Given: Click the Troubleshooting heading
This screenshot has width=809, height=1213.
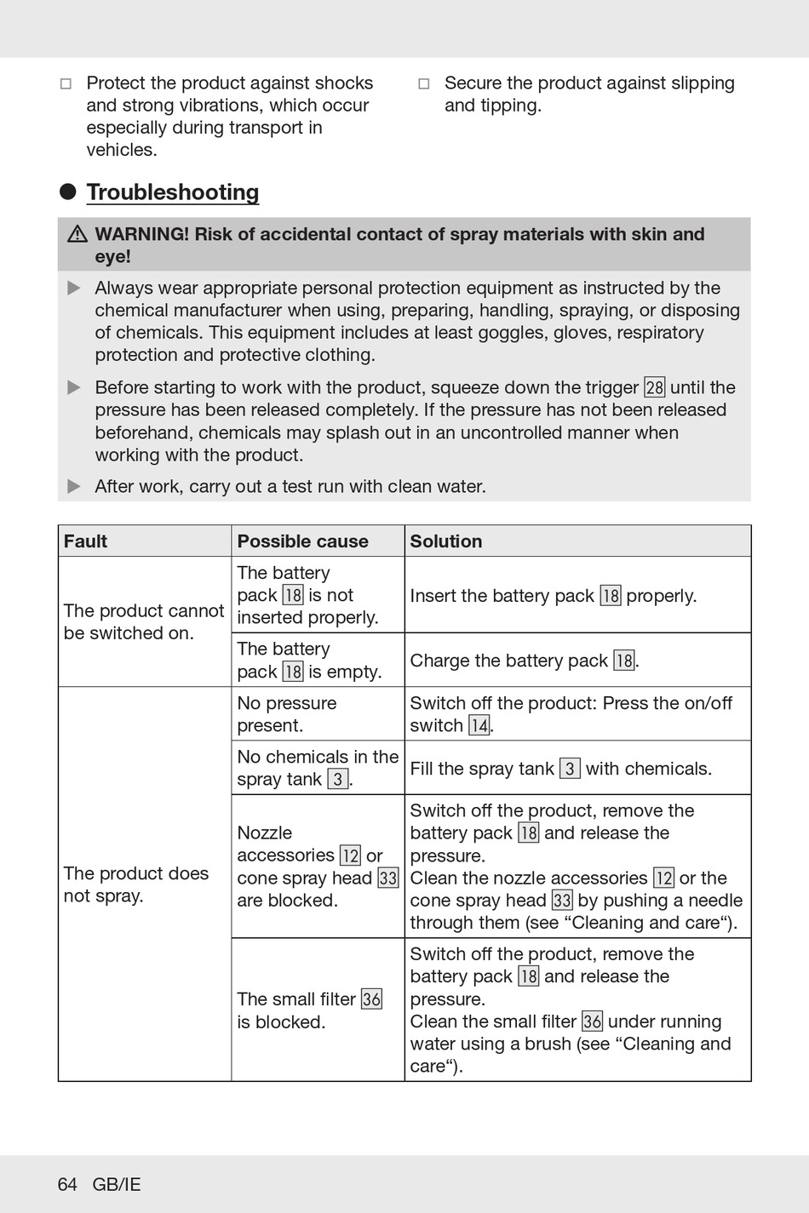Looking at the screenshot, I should tap(173, 192).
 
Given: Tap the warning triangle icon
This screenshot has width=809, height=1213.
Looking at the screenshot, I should tap(77, 234).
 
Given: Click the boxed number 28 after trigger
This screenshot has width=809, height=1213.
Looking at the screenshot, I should tap(654, 388).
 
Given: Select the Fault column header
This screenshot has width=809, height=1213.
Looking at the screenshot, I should tap(86, 541).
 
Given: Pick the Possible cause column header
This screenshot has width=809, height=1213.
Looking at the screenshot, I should tap(302, 541).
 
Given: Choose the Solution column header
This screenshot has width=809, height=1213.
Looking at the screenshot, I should tap(446, 541).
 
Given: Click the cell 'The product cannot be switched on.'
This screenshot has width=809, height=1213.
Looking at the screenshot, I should tap(144, 621).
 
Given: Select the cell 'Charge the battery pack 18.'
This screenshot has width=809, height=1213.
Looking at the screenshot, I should tap(524, 661).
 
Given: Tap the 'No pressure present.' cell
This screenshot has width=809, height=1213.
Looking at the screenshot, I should tap(287, 714).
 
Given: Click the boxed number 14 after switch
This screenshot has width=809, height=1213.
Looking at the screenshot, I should tap(479, 726).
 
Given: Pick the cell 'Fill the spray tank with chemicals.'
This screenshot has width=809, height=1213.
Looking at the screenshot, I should tap(560, 769).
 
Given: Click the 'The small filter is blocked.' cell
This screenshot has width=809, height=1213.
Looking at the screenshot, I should tap(309, 1010).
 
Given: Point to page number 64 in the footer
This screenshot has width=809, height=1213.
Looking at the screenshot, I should tap(67, 1184).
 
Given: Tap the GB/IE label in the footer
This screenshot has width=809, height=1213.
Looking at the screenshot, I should tap(117, 1184).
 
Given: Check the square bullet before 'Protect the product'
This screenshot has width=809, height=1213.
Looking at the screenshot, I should tap(66, 84).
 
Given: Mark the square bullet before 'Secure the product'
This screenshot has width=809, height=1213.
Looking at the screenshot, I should tap(424, 84).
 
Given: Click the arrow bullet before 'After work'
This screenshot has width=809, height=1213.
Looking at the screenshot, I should tap(74, 487).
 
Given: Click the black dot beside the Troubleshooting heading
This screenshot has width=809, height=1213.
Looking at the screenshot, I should tap(68, 192).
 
